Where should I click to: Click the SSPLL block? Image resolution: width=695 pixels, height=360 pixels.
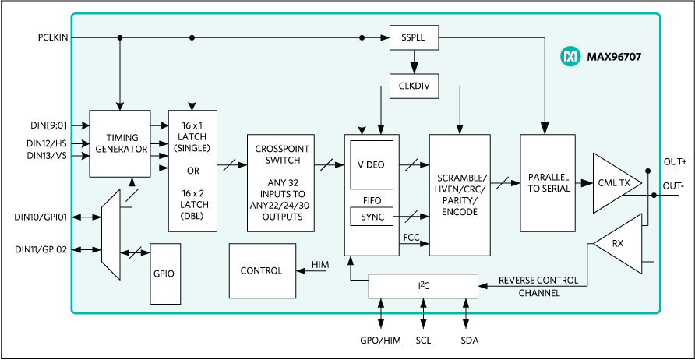coord(414,37)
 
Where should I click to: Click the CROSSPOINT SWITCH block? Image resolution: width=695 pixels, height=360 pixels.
coord(280,182)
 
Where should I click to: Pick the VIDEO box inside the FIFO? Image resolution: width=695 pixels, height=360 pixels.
coord(371,164)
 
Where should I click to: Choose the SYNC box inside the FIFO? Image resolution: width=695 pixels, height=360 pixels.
coord(371,217)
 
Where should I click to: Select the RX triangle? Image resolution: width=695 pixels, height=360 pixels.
coord(619,244)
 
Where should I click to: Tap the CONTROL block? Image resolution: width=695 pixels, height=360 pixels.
coord(262,270)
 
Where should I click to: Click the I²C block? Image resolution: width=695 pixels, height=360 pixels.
coord(422,285)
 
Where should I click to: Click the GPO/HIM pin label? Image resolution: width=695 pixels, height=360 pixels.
coord(381,341)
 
